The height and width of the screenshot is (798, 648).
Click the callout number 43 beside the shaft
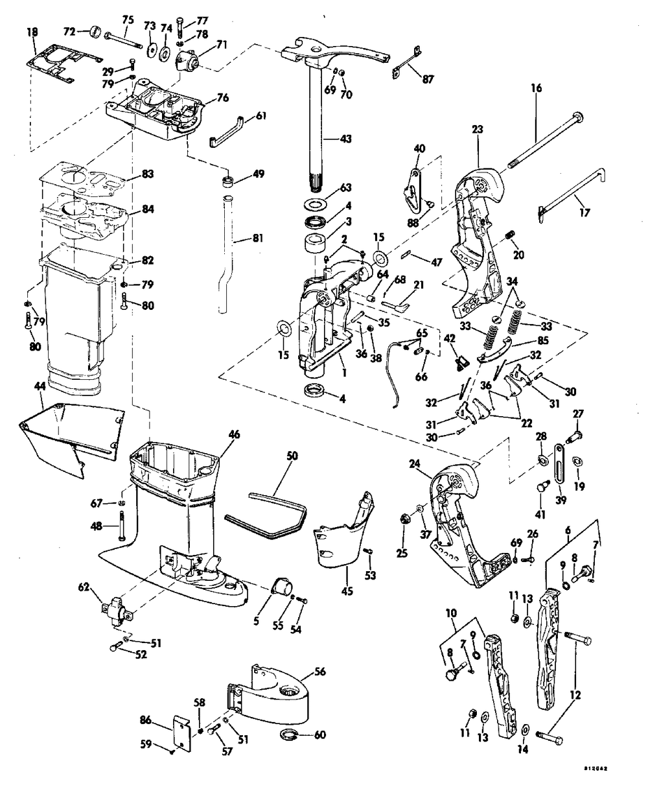click(349, 139)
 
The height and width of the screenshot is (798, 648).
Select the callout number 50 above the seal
click(292, 456)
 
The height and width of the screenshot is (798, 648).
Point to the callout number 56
click(319, 671)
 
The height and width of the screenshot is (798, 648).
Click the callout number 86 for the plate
click(147, 719)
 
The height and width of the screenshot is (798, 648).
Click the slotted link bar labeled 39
click(558, 467)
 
